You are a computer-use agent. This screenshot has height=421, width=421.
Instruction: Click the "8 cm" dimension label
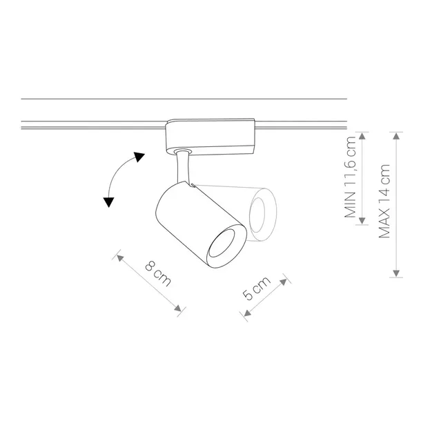[x=158, y=273]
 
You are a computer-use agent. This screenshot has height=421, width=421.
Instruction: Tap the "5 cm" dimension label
[x=257, y=288]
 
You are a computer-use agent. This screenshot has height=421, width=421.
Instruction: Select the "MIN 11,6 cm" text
[x=350, y=177]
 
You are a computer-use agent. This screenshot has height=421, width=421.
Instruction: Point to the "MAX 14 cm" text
[x=384, y=201]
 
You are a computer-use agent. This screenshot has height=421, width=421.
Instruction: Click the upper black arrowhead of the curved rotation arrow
[x=139, y=157]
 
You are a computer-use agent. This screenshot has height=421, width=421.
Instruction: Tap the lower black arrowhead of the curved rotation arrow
[x=109, y=202]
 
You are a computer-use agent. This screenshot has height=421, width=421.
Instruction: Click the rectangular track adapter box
[x=210, y=137]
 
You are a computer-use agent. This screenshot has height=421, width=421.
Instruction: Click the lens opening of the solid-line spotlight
[x=222, y=244]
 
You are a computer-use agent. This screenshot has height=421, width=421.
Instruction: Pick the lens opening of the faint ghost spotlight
[x=257, y=215]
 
